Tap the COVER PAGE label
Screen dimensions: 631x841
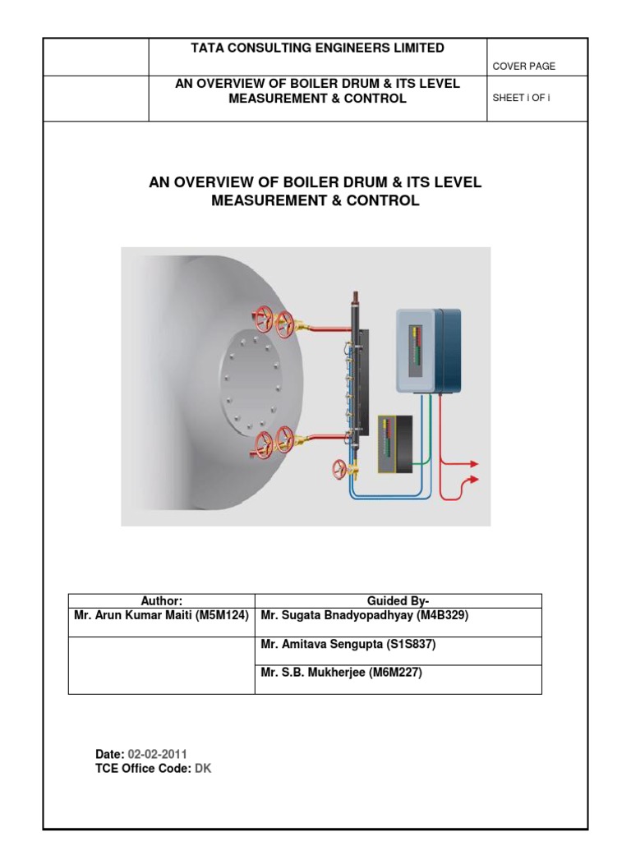[523, 67]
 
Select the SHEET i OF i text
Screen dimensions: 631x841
[527, 98]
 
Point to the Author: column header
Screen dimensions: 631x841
[161, 601]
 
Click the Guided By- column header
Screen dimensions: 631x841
[398, 601]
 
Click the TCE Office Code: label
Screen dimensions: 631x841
[144, 769]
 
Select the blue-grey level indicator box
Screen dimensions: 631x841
[428, 350]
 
